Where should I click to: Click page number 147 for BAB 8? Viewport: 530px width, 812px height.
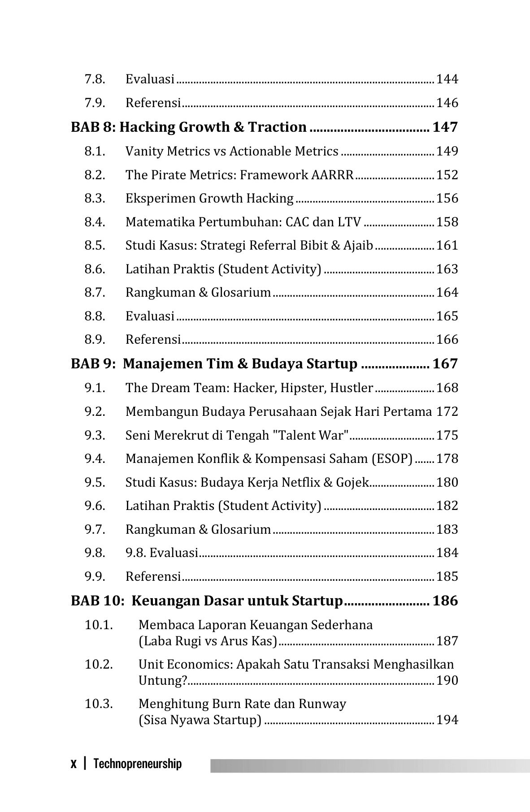(x=445, y=127)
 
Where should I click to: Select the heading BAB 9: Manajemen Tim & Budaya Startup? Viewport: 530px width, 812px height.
(x=214, y=364)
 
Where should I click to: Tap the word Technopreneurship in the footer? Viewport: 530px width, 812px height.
(x=138, y=764)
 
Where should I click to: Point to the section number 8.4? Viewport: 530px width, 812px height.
(x=95, y=222)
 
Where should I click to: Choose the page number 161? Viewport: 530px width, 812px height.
(x=447, y=246)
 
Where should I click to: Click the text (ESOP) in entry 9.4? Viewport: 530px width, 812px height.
(x=391, y=459)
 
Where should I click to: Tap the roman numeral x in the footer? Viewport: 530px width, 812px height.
(x=74, y=764)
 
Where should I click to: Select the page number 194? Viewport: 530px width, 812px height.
(x=447, y=720)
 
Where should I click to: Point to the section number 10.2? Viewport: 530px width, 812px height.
(x=99, y=665)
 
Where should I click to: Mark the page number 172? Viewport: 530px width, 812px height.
(x=447, y=412)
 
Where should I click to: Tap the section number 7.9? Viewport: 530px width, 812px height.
(x=95, y=103)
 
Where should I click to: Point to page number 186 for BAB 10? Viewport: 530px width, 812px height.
(x=445, y=601)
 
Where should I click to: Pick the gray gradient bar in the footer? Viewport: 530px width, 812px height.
(x=370, y=766)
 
